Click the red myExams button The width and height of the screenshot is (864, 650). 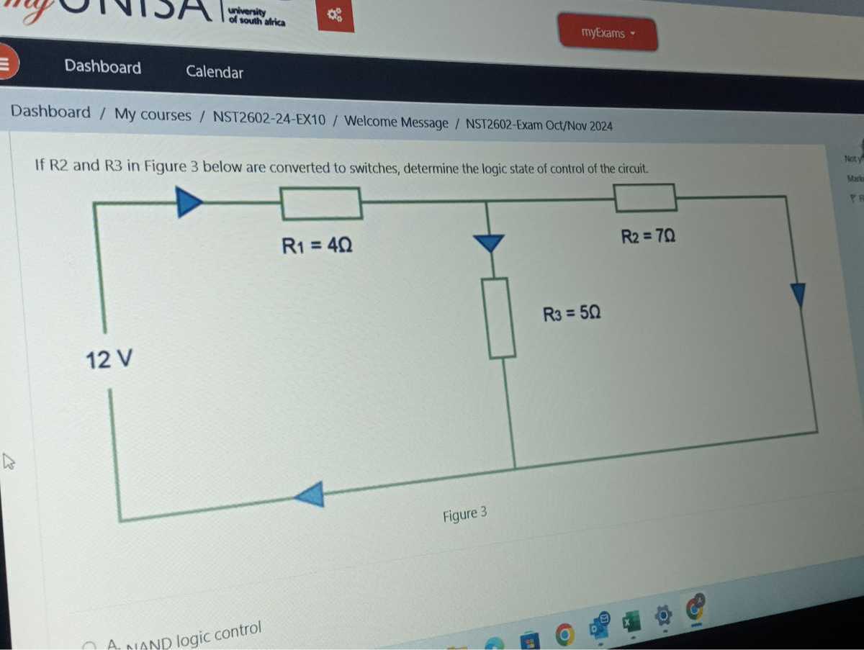click(607, 33)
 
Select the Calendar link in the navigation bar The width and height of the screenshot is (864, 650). click(215, 72)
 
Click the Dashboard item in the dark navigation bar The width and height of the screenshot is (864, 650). click(103, 67)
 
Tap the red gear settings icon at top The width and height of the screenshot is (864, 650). click(336, 16)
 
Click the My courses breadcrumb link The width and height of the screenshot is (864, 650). click(153, 115)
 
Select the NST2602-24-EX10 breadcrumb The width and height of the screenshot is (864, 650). click(269, 118)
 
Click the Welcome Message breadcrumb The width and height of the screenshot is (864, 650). click(397, 122)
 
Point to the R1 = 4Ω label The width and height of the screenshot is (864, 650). click(317, 245)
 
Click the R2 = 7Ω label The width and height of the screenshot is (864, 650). click(648, 236)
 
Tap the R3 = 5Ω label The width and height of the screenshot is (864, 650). click(572, 313)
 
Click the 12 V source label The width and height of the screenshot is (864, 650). click(109, 358)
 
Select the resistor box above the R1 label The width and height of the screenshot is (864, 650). click(321, 203)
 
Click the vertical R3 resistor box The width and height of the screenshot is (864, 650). click(501, 317)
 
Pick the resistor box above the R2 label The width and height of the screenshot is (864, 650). click(645, 197)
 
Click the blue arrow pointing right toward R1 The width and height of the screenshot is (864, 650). click(189, 202)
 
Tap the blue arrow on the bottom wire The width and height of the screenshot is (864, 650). click(311, 495)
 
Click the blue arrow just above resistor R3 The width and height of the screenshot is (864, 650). click(489, 243)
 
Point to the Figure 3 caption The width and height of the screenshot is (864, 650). click(464, 515)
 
